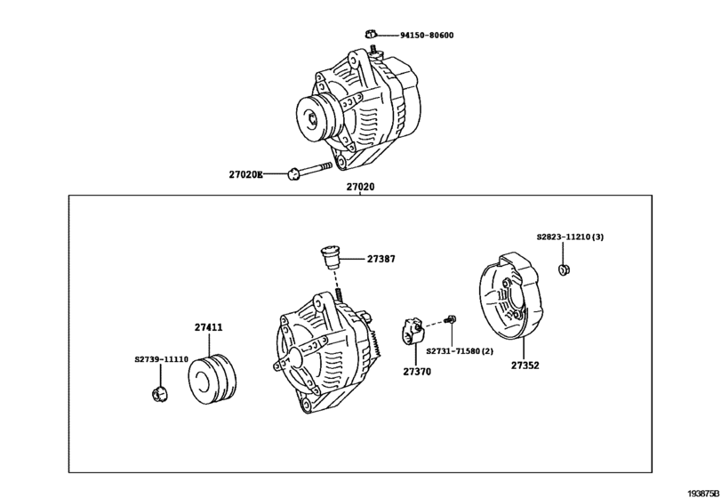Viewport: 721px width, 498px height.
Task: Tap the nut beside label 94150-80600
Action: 369,34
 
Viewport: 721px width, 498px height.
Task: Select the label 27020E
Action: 246,175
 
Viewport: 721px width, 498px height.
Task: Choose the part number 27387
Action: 381,260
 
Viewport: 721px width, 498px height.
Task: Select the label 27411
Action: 209,328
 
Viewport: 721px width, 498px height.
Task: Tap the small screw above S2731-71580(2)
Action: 452,317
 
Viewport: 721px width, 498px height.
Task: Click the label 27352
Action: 525,365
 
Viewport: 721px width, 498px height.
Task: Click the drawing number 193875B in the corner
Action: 701,490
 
